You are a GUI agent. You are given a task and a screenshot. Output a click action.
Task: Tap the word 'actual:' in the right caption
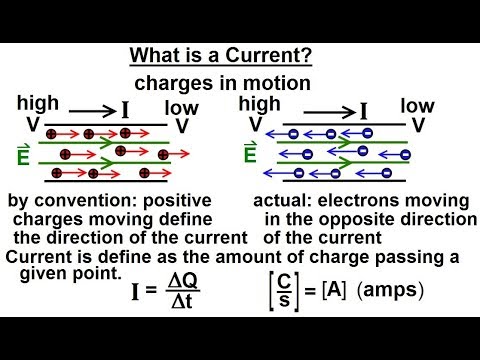click(280, 202)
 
